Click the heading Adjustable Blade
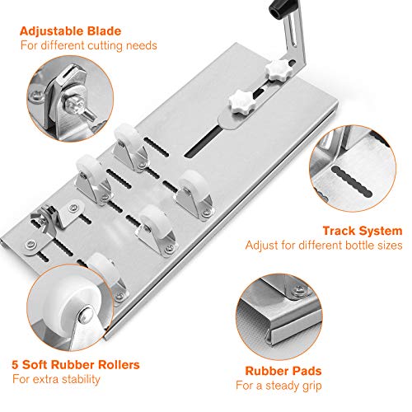(x=70, y=31)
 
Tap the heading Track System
(x=363, y=231)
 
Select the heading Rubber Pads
(x=283, y=371)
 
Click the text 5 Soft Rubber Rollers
(x=76, y=365)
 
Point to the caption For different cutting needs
(x=89, y=45)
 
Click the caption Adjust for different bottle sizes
(x=324, y=245)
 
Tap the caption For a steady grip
(x=279, y=386)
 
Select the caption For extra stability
(x=56, y=379)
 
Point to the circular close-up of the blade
(x=70, y=99)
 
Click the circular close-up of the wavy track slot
(x=353, y=168)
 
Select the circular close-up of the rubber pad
(x=279, y=316)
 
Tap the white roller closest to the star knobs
(x=127, y=136)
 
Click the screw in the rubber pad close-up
(x=298, y=290)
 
